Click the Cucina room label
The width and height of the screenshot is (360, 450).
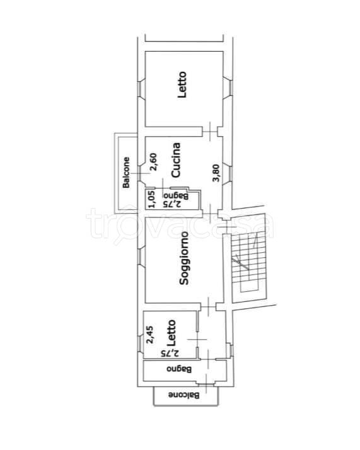point(176,160)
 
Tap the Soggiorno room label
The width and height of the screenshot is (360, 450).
point(184,258)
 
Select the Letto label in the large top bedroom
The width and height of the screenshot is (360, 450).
point(182,84)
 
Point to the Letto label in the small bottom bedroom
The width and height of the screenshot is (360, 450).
point(171,332)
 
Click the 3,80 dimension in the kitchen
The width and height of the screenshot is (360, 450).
point(216,173)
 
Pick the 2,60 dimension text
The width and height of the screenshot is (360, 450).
point(154,162)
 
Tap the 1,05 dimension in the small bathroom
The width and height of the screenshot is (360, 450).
point(151,199)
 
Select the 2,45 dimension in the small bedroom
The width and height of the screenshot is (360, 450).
point(150,334)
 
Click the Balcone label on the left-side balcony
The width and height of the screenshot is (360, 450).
point(126,173)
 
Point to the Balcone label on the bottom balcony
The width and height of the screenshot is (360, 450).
point(183,395)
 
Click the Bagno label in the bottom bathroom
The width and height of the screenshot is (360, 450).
point(179,369)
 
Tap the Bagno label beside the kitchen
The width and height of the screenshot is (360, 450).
point(176,196)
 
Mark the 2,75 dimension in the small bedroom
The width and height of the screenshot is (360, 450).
point(170,353)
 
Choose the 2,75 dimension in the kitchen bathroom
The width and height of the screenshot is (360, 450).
point(173,204)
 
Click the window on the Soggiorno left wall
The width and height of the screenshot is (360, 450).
point(140,256)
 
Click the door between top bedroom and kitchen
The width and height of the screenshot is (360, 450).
point(210,132)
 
